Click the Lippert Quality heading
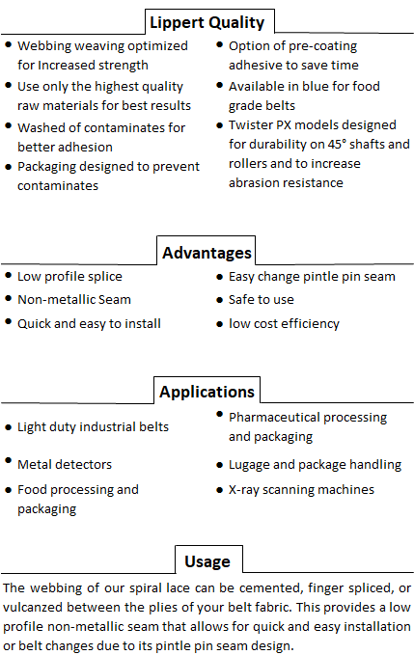207,22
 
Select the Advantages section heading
207,253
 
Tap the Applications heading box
207,391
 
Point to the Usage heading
207,561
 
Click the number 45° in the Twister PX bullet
337,144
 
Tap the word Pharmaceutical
274,418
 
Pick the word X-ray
244,490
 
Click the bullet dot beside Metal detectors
9,460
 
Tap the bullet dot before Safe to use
220,300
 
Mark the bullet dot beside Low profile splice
9,275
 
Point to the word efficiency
314,324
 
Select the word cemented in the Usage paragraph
271,588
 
